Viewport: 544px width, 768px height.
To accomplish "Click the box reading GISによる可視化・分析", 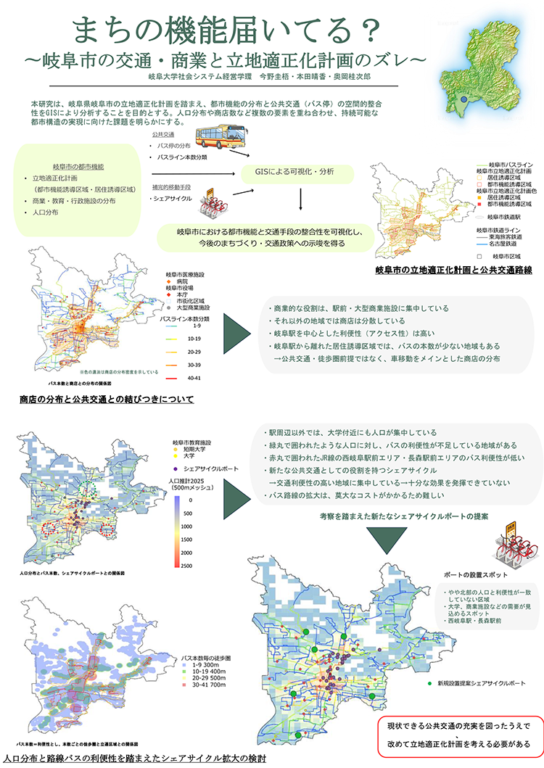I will (x=297, y=172).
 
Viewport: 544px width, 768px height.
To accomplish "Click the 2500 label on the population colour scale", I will (x=187, y=565).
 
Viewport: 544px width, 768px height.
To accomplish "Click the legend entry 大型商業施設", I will (x=194, y=307).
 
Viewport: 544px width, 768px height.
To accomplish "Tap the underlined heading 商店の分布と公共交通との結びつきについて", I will (x=107, y=399).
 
